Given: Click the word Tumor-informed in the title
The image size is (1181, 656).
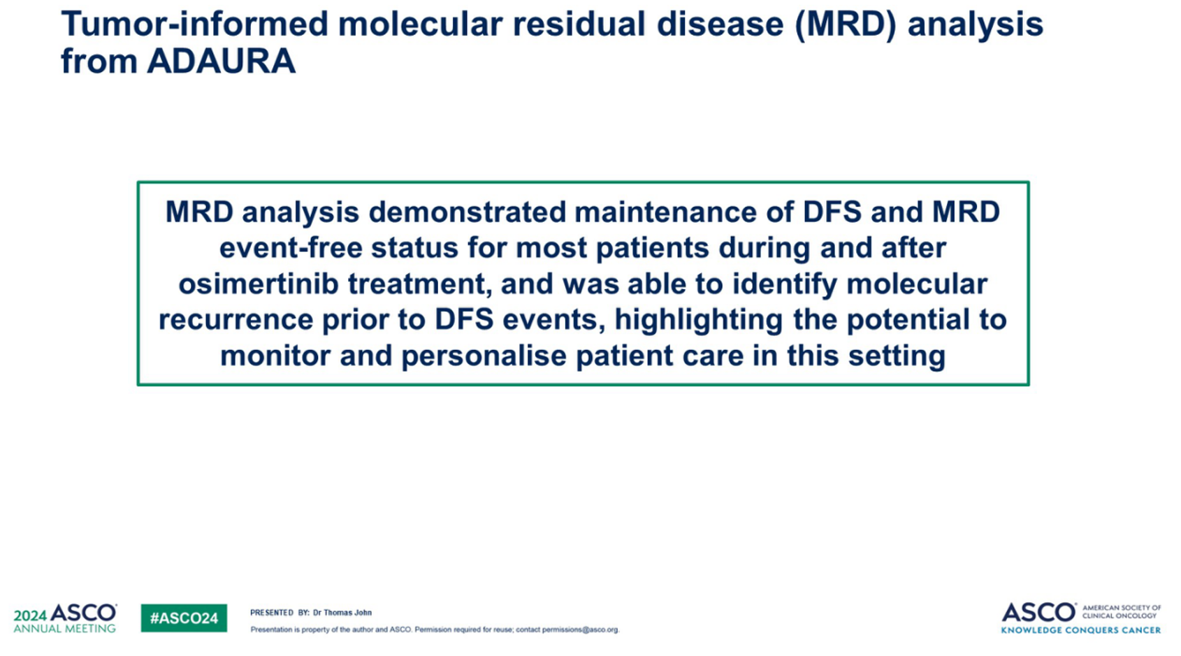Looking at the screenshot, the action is point(194,24).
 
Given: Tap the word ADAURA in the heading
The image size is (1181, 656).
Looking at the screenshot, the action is point(222,61).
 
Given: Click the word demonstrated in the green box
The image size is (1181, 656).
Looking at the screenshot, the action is point(467,212).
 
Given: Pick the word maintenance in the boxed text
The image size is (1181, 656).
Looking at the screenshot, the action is point(684,212).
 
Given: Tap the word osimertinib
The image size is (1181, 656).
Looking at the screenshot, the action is point(259,284).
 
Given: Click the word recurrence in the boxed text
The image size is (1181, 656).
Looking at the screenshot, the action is point(236,320).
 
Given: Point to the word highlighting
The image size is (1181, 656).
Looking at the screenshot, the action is point(699,320).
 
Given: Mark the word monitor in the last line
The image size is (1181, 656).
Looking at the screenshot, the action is point(275,356).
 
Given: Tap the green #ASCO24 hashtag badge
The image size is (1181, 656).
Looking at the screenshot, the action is point(184,618).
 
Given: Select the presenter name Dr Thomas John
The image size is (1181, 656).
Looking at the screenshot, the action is point(342,613).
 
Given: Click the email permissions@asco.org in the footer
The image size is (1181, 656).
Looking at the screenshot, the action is point(580,629).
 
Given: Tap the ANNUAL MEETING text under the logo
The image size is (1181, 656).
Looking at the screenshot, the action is point(64,629).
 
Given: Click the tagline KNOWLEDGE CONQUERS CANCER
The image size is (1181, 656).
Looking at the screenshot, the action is point(1081,630).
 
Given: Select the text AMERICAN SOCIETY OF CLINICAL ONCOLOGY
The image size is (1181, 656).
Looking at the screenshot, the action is point(1122,612).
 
